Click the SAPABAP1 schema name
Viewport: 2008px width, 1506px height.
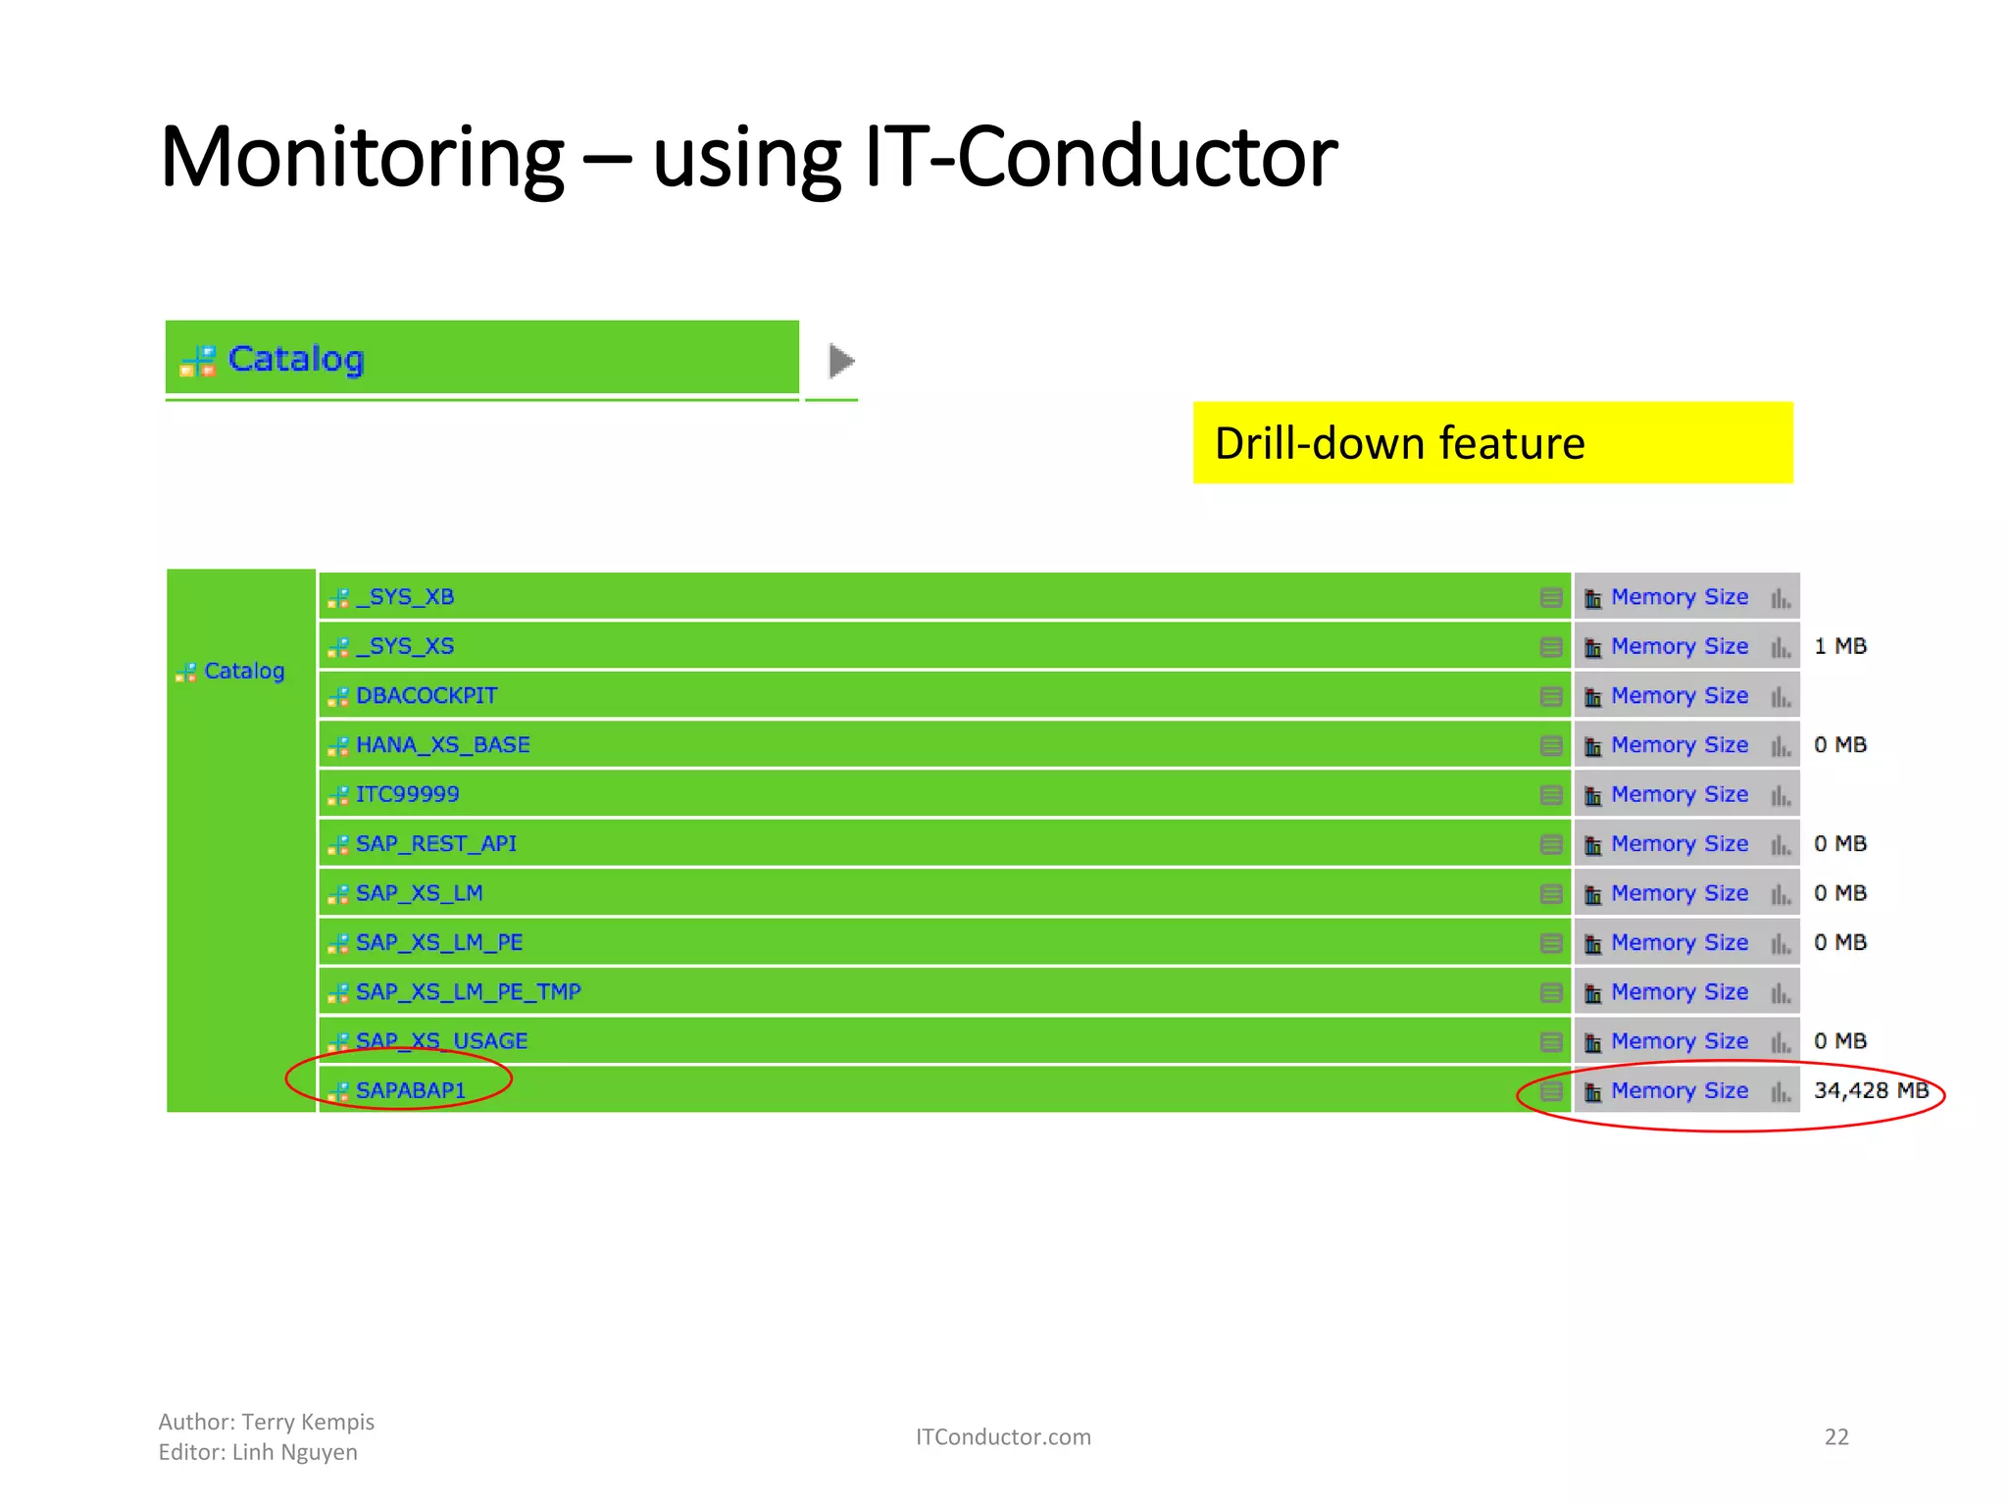pyautogui.click(x=410, y=1090)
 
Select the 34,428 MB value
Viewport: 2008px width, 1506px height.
pyautogui.click(x=1870, y=1090)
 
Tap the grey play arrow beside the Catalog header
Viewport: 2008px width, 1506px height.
pyautogui.click(x=840, y=361)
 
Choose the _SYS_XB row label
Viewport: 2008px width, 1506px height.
pyautogui.click(x=404, y=596)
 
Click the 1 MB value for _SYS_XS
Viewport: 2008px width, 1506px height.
pyautogui.click(x=1839, y=646)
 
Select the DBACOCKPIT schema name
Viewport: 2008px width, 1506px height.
pyautogui.click(x=426, y=695)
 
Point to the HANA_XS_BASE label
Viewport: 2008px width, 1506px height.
pyautogui.click(x=442, y=744)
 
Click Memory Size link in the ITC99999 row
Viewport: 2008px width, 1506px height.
pyautogui.click(x=1679, y=794)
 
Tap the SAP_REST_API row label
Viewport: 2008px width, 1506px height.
pyautogui.click(x=435, y=843)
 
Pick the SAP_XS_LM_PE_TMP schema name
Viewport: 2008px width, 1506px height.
pyautogui.click(x=468, y=991)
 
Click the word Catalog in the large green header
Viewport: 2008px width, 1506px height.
pyautogui.click(x=296, y=359)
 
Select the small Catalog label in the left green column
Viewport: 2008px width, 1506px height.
pyautogui.click(x=243, y=671)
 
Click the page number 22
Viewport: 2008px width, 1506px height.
pyautogui.click(x=1835, y=1436)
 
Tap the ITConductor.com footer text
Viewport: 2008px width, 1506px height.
pyautogui.click(x=1002, y=1436)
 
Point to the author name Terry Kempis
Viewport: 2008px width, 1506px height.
pyautogui.click(x=308, y=1422)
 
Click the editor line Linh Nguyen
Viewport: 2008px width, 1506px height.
pyautogui.click(x=294, y=1452)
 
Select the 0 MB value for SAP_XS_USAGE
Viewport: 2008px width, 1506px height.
pyautogui.click(x=1839, y=1040)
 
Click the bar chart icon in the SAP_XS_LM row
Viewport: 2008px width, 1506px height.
pyautogui.click(x=1781, y=893)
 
